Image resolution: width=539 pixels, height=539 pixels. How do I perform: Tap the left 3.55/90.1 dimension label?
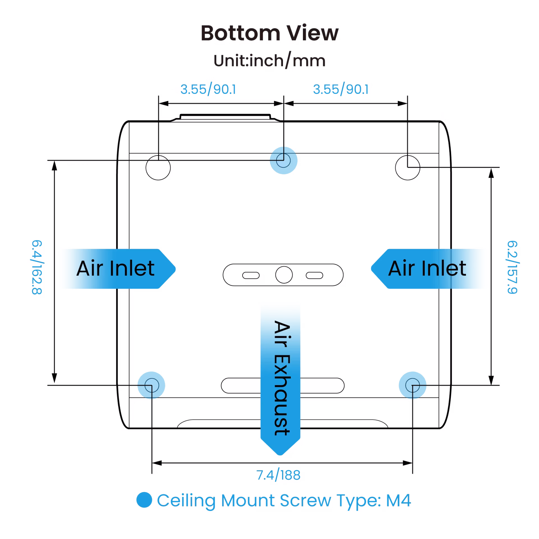click(208, 90)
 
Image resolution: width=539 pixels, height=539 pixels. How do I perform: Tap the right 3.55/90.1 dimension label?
click(342, 90)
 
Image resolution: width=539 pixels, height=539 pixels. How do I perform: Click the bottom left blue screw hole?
click(152, 385)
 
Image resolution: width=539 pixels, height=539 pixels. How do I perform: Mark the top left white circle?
click(158, 168)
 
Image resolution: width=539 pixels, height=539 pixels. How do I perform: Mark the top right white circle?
click(407, 168)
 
